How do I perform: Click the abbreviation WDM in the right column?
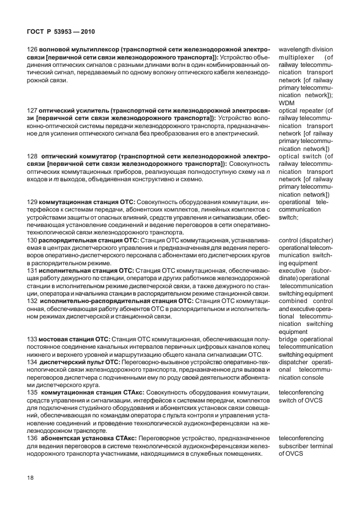pyautogui.click(x=287, y=103)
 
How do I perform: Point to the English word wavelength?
pyautogui.click(x=296, y=50)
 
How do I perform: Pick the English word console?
pyautogui.click(x=314, y=377)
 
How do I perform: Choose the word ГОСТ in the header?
pyautogui.click(x=36, y=31)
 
